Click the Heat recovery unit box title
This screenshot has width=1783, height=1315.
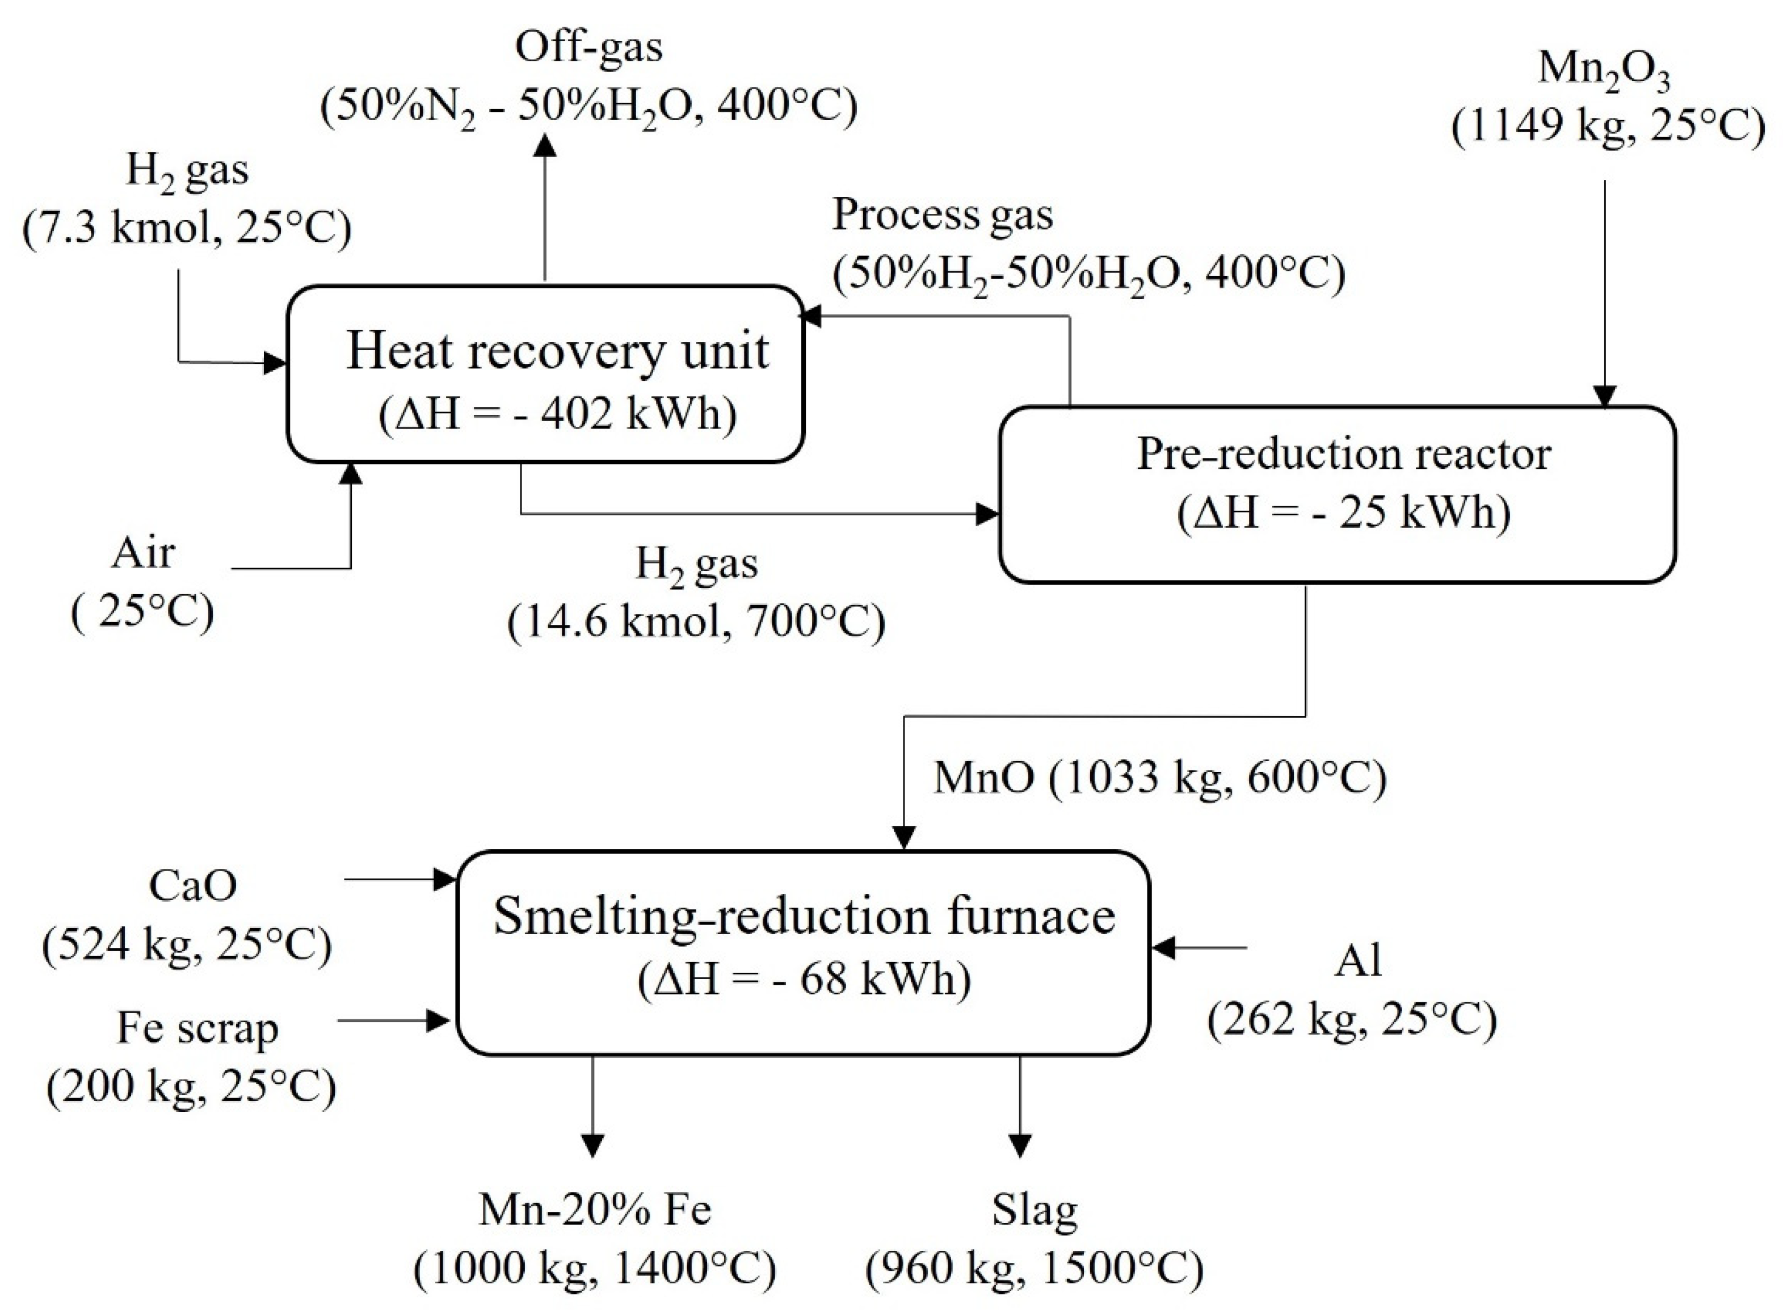click(x=557, y=351)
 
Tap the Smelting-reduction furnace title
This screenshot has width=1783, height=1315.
click(x=804, y=916)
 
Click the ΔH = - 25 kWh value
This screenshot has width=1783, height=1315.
click(x=1344, y=512)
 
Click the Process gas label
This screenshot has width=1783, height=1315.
click(x=943, y=215)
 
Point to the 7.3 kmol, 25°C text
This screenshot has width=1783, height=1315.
click(x=187, y=229)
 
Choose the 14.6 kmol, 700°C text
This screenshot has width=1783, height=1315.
click(x=696, y=621)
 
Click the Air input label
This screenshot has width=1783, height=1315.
click(x=142, y=552)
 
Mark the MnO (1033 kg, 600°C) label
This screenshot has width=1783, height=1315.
click(x=1160, y=778)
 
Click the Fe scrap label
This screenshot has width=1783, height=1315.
click(x=197, y=1028)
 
